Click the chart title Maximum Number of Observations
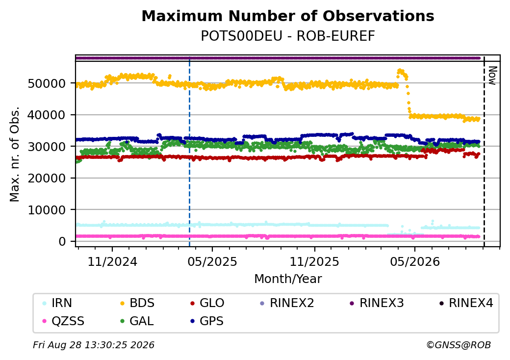(x=288, y=16)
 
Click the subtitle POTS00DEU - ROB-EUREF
(x=288, y=36)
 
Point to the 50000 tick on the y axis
(x=47, y=83)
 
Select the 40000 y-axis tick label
(x=47, y=115)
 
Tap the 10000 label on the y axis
(x=47, y=210)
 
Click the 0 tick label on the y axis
(x=62, y=242)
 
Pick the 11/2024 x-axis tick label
(x=112, y=262)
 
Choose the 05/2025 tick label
(x=212, y=262)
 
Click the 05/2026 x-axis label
(x=415, y=262)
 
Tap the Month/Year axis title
(x=288, y=279)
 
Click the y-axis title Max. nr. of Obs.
(x=15, y=154)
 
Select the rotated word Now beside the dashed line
(x=492, y=76)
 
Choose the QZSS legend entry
(x=63, y=321)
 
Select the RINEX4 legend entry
(x=466, y=303)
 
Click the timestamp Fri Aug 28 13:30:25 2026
(x=94, y=345)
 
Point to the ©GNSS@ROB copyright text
(x=459, y=345)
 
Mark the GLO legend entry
(x=207, y=303)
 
